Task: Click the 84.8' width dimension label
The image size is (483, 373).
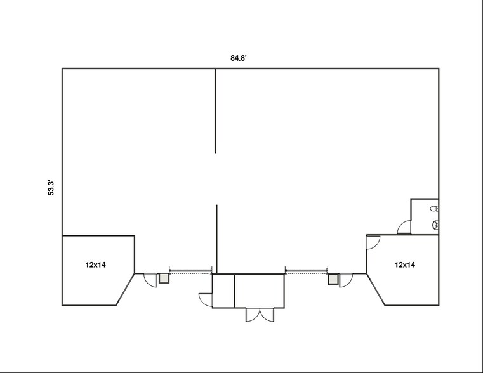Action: (x=238, y=58)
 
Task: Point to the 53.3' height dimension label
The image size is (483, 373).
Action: (x=52, y=188)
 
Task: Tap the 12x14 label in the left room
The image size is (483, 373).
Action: (x=95, y=265)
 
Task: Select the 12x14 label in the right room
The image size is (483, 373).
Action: (x=405, y=264)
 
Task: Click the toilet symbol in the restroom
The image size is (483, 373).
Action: (x=434, y=208)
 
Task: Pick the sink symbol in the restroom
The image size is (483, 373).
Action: (x=435, y=224)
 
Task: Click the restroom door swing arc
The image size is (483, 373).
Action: (x=404, y=227)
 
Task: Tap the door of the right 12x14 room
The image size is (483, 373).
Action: (x=373, y=241)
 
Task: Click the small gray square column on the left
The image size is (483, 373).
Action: (x=164, y=278)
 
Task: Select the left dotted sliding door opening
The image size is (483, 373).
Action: (x=190, y=272)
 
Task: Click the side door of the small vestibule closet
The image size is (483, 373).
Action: (x=206, y=298)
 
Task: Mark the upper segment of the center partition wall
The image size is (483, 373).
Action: (x=215, y=111)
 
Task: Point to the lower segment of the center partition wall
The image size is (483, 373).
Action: (x=216, y=239)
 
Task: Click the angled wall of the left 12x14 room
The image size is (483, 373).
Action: (x=126, y=289)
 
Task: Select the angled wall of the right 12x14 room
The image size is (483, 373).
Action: (x=375, y=289)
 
